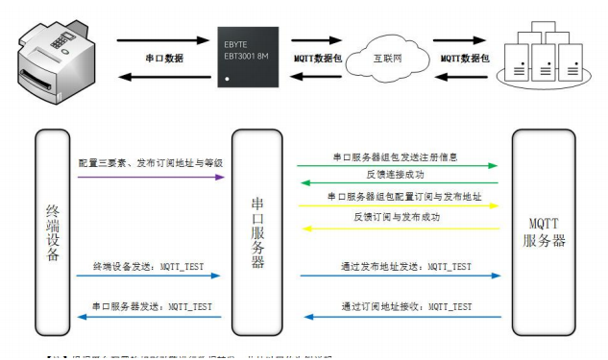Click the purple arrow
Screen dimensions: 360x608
pyautogui.click(x=150, y=177)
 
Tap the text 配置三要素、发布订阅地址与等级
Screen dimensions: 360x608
pyautogui.click(x=151, y=163)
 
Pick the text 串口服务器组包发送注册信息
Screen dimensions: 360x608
pyautogui.click(x=396, y=155)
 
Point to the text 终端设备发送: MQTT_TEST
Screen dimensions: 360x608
pyautogui.click(x=143, y=264)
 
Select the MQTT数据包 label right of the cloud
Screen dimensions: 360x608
pyautogui.click(x=465, y=59)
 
